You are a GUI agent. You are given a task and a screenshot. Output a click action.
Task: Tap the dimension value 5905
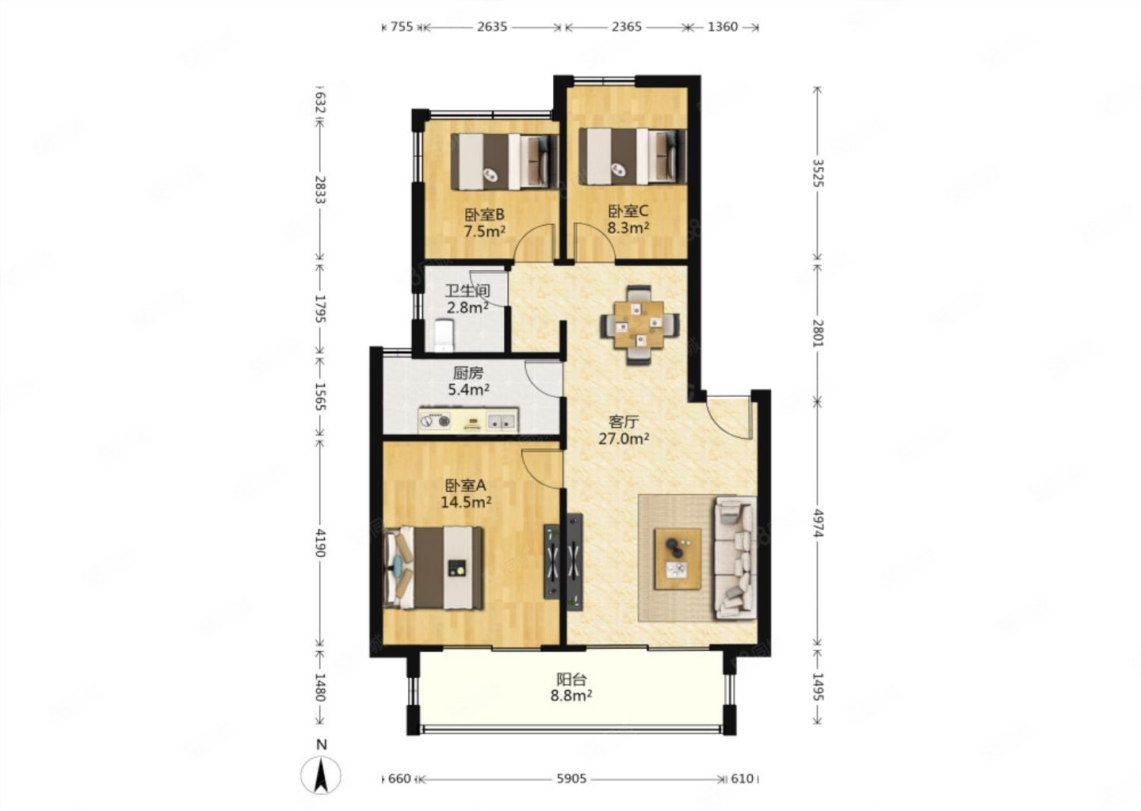(x=571, y=779)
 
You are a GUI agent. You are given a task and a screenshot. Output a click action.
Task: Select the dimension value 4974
(x=818, y=523)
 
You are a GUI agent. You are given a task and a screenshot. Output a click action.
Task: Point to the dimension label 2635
(x=492, y=26)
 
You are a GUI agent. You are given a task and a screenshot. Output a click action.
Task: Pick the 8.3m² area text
(x=628, y=227)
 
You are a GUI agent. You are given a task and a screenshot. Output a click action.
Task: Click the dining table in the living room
(x=639, y=325)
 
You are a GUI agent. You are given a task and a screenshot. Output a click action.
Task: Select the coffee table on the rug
(x=677, y=559)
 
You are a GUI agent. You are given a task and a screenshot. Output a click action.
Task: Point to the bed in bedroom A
(x=433, y=567)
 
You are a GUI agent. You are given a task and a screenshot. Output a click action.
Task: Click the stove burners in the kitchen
(x=435, y=421)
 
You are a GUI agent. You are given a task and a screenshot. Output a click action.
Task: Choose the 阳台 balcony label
(x=571, y=680)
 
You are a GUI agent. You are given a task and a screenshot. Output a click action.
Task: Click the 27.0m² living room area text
(x=624, y=439)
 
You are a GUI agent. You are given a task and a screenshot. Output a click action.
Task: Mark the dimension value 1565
(x=320, y=397)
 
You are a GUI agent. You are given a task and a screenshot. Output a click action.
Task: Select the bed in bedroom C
(x=632, y=156)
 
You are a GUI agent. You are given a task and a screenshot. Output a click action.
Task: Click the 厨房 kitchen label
(x=467, y=373)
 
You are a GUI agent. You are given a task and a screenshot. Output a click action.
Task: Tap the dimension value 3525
(x=818, y=173)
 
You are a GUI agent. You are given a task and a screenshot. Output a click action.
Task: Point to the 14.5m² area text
(x=466, y=502)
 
